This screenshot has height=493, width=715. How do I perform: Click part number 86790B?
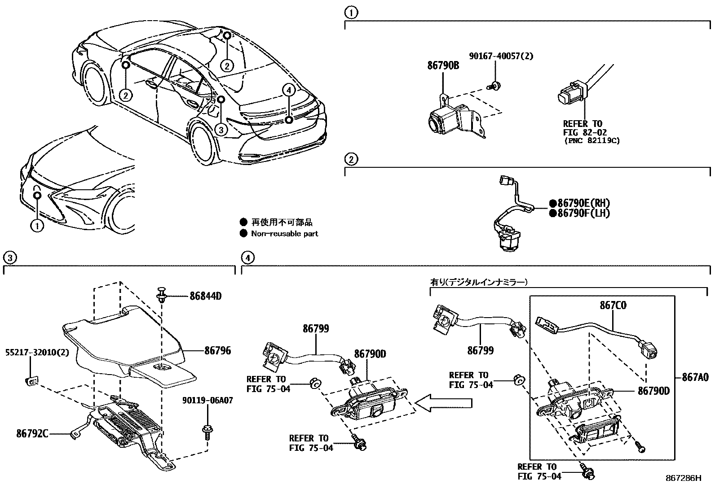click(443, 65)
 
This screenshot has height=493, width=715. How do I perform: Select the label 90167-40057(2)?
click(501, 56)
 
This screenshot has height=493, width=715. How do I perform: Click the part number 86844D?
click(205, 296)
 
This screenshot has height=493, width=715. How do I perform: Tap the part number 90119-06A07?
click(207, 400)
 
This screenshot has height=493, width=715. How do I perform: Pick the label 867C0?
click(613, 305)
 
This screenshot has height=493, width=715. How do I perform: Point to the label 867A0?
click(695, 377)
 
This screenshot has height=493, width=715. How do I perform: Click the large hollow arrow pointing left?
click(443, 403)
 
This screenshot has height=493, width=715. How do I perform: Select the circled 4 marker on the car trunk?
click(289, 90)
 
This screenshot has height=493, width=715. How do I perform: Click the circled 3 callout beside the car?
click(221, 130)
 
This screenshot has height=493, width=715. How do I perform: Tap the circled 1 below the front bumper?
click(37, 226)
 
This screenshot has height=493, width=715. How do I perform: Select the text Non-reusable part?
click(284, 233)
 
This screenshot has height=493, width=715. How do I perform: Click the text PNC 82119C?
click(591, 141)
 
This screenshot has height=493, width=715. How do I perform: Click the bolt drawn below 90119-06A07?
click(208, 432)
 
